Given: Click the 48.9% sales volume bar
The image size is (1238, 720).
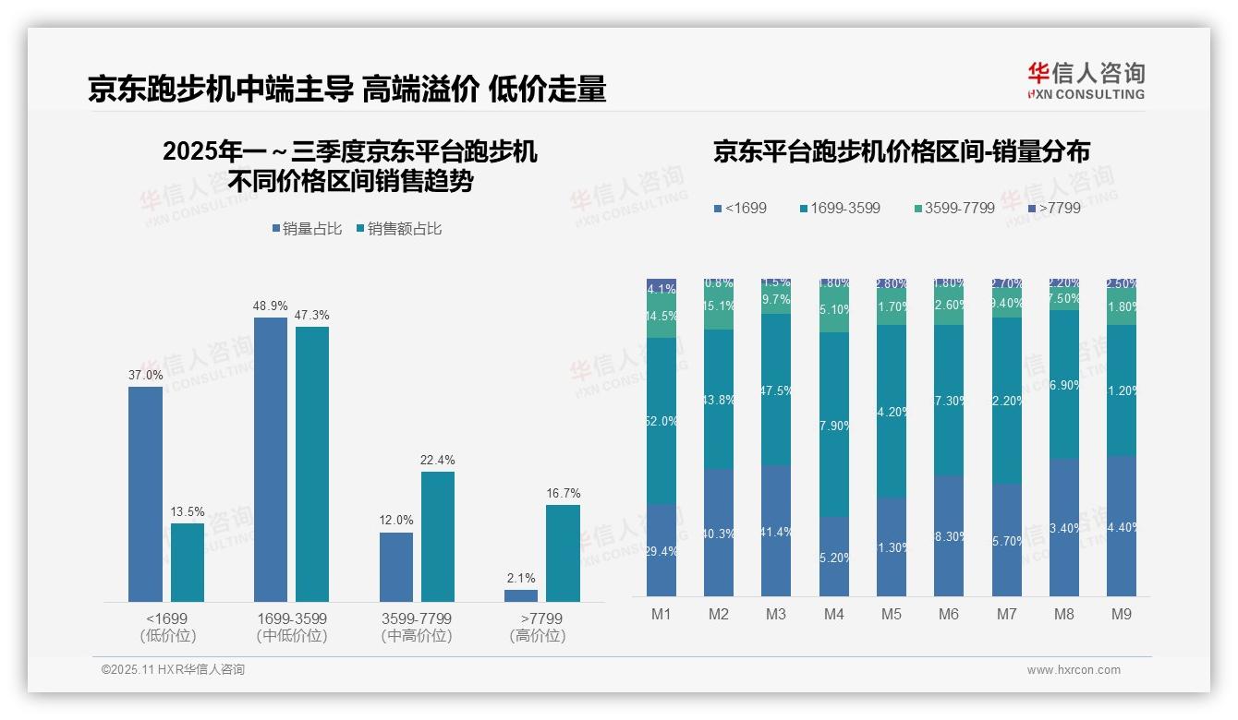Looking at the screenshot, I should pyautogui.click(x=270, y=460).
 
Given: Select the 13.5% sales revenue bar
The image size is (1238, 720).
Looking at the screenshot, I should pyautogui.click(x=188, y=562).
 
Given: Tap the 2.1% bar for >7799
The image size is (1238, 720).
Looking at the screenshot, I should pyautogui.click(x=521, y=595).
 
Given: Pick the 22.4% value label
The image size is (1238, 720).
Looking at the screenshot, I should pyautogui.click(x=438, y=461).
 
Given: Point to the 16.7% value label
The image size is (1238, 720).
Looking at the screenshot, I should pyautogui.click(x=563, y=494).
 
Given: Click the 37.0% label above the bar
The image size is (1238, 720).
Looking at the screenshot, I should pyautogui.click(x=145, y=376).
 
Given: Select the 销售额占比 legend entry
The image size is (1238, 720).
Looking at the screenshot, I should pyautogui.click(x=398, y=229).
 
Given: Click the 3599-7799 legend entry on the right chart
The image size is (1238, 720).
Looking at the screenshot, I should pyautogui.click(x=953, y=209).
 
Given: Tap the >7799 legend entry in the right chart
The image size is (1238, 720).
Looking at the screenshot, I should pyautogui.click(x=1052, y=209).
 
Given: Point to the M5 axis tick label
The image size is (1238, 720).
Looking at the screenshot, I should pyautogui.click(x=891, y=614).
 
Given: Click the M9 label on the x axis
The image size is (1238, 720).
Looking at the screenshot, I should pyautogui.click(x=1121, y=614).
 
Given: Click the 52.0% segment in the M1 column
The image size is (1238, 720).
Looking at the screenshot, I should pyautogui.click(x=661, y=421).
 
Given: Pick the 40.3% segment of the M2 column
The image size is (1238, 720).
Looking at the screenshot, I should pyautogui.click(x=719, y=533).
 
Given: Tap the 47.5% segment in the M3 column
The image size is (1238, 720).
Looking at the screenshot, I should pyautogui.click(x=776, y=390).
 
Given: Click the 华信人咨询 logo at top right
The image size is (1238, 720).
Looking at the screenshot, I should pyautogui.click(x=1086, y=80).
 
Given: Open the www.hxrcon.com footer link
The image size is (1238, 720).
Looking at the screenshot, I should pyautogui.click(x=1074, y=670).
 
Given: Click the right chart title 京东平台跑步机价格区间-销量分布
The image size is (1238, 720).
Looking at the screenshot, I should pyautogui.click(x=901, y=151).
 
